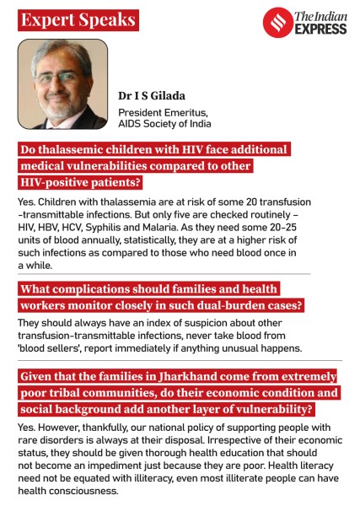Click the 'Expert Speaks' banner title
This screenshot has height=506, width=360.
click(x=78, y=19)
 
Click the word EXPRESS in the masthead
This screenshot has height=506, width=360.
click(x=320, y=29)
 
